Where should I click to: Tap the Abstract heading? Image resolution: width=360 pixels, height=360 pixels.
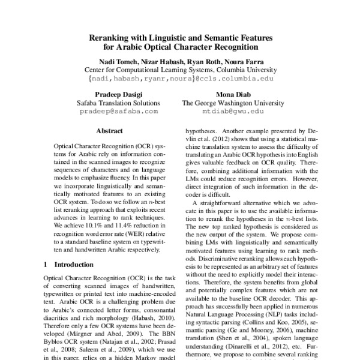[109, 131]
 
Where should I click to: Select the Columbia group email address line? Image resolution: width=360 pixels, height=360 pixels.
[180, 78]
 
